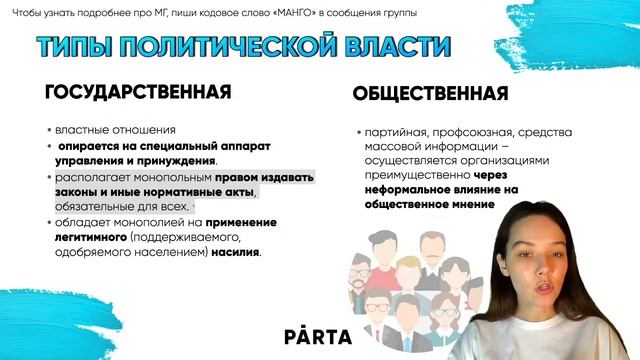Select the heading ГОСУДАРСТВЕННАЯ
coord(138,92)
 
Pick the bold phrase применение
coord(242,222)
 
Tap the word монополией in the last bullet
coord(160,222)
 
